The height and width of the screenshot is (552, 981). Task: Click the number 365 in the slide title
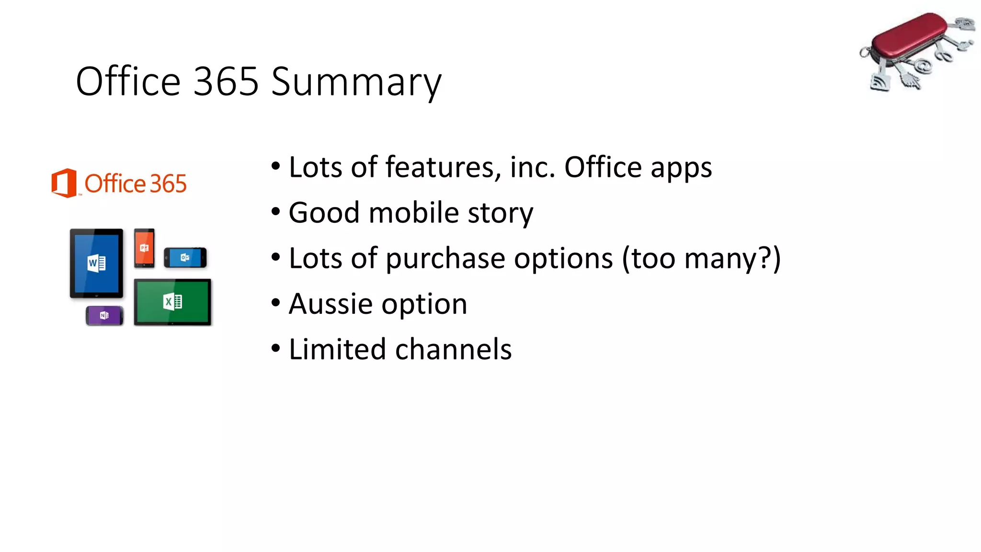click(226, 81)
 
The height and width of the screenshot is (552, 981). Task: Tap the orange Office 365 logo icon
click(64, 183)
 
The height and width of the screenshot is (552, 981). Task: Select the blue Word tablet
click(96, 263)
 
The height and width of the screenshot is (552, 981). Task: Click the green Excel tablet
click(172, 302)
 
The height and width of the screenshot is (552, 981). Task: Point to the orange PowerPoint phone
click(144, 248)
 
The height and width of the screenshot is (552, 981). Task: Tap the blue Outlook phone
click(185, 258)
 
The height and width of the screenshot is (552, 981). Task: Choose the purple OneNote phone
click(104, 315)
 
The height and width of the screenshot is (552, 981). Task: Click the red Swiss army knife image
click(917, 50)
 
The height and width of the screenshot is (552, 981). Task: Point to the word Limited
click(337, 349)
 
